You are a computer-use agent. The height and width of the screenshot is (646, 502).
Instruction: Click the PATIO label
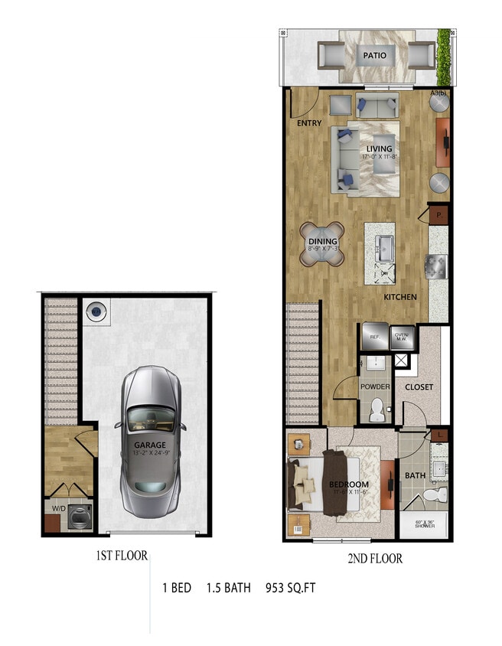[x=375, y=55]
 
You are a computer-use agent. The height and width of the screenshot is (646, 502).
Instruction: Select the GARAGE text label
[x=150, y=445]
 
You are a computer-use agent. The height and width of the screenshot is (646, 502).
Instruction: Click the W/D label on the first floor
[x=58, y=507]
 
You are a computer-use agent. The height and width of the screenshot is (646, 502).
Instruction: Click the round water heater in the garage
[x=96, y=311]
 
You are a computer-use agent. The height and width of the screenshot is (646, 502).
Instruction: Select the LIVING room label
[x=379, y=148]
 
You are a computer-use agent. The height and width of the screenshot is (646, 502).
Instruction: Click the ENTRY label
[x=310, y=123]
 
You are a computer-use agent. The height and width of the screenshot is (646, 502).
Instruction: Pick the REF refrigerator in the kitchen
[x=374, y=335]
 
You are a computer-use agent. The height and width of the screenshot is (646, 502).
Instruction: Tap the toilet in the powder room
[x=376, y=413]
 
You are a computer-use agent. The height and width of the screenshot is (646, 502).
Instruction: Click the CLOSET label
[x=419, y=387]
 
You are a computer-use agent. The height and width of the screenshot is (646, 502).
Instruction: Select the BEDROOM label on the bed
[x=349, y=484]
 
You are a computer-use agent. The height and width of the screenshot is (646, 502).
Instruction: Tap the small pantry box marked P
[x=439, y=216]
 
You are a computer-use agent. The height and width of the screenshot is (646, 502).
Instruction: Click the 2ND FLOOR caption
[x=375, y=559]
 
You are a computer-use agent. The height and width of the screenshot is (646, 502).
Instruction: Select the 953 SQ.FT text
[x=290, y=589]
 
